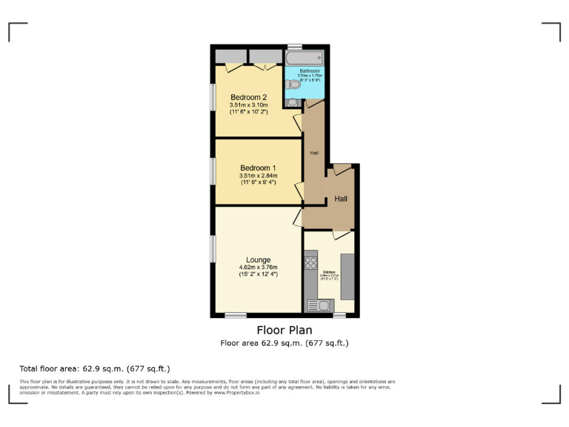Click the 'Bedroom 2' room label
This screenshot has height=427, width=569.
click(x=249, y=97)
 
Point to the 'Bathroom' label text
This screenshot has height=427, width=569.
click(x=309, y=71)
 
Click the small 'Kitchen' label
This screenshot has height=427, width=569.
click(x=328, y=272)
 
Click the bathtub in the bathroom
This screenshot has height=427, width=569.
click(x=304, y=56)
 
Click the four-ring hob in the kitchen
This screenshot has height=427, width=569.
click(x=310, y=262)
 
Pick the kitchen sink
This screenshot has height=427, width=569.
click(x=322, y=305)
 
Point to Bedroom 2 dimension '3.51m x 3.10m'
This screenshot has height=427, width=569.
click(x=249, y=105)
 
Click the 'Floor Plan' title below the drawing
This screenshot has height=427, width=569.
click(x=284, y=330)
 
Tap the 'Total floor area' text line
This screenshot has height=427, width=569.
click(x=95, y=368)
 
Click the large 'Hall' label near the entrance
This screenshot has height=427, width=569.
click(x=342, y=199)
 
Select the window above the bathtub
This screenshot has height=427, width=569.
click(x=295, y=46)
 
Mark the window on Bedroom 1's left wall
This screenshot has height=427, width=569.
click(x=213, y=171)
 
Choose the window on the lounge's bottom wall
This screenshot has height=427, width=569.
click(x=236, y=315)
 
